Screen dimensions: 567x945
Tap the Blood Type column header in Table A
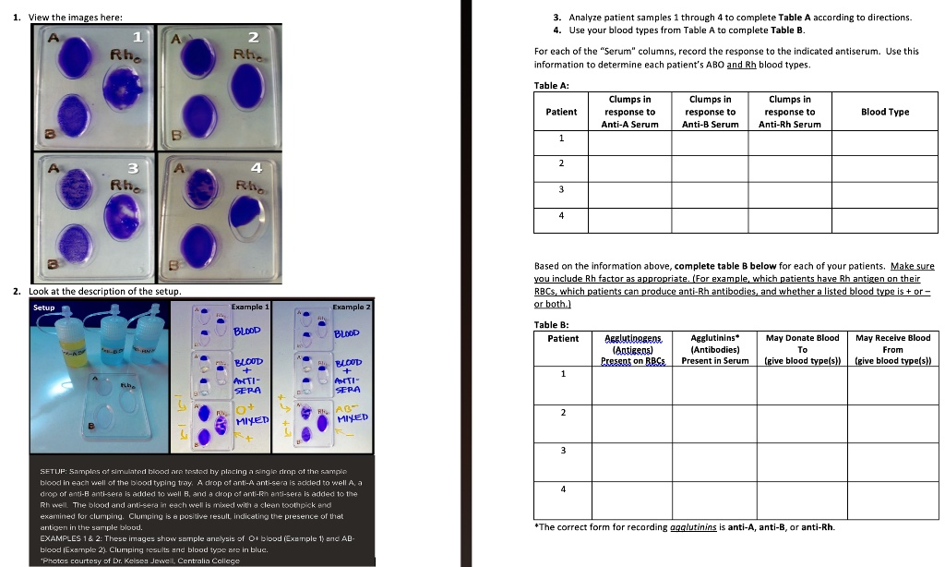[885, 112]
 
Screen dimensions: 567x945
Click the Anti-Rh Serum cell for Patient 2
[789, 164]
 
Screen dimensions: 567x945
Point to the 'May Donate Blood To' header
[802, 349]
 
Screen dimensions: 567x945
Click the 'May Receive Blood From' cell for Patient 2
[892, 412]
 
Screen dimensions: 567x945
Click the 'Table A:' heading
[552, 85]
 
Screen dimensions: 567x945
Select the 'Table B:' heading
[552, 325]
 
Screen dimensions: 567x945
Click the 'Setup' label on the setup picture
[43, 307]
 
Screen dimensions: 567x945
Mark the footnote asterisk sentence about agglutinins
[685, 527]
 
